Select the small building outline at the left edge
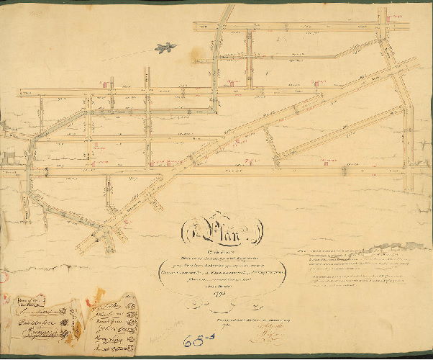pyautogui.click(x=8, y=158)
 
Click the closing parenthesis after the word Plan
pyautogui.click(x=260, y=232)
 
